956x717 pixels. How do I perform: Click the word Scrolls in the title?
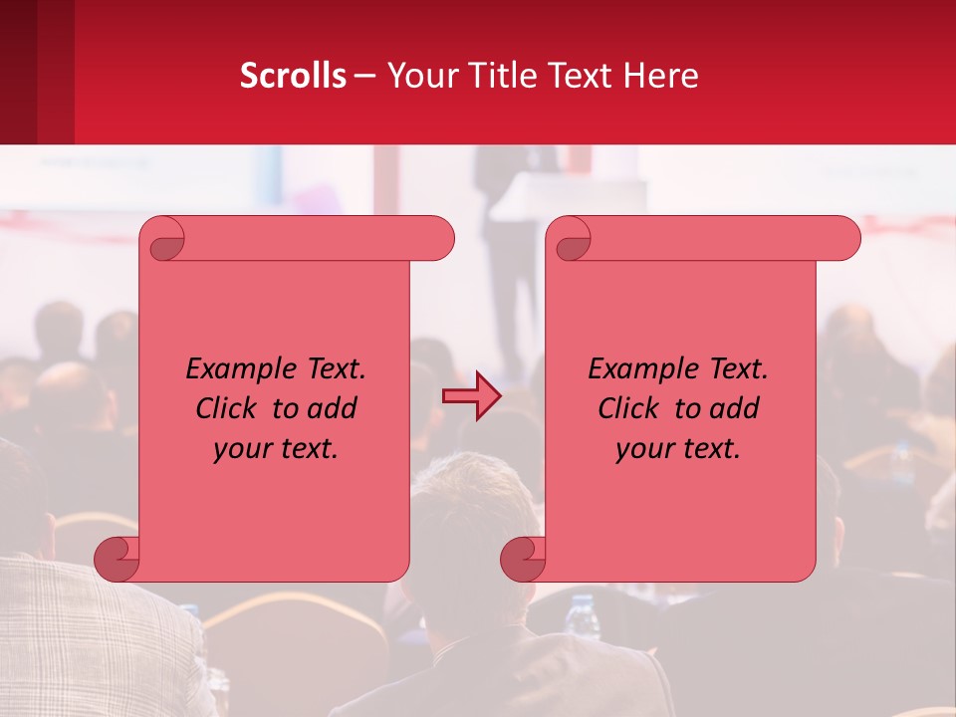click(x=293, y=76)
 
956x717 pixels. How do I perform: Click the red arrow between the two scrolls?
click(x=472, y=396)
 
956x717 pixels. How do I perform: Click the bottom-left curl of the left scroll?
click(x=117, y=559)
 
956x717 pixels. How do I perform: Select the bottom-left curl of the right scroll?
click(x=523, y=559)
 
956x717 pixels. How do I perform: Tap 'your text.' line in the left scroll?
click(x=276, y=448)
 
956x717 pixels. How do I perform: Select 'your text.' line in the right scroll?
click(x=678, y=448)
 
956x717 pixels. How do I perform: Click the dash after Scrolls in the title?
click(x=364, y=76)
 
